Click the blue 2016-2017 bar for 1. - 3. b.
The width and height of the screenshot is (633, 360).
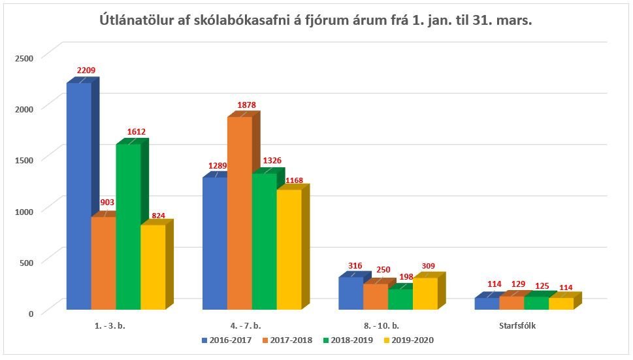78,196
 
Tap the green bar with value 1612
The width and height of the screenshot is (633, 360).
128,226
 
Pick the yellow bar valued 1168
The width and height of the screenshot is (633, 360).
289,249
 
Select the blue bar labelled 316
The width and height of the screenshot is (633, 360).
350,293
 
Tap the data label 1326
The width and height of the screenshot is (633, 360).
272,161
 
